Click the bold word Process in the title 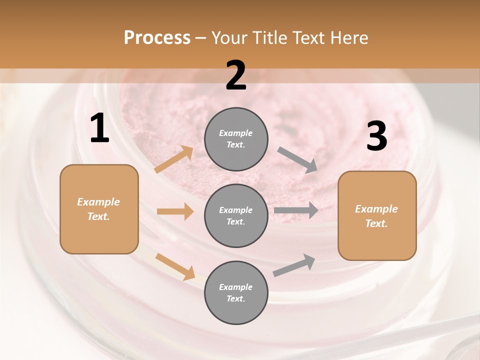click(x=157, y=38)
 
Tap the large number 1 click(x=99, y=129)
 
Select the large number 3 click(x=376, y=136)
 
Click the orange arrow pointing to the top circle click(x=174, y=159)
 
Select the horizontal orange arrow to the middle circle click(x=175, y=211)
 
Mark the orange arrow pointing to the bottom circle click(x=175, y=266)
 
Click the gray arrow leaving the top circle click(x=297, y=160)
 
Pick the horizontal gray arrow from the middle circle click(x=296, y=210)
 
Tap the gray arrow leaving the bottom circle click(x=294, y=265)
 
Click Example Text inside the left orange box click(x=98, y=209)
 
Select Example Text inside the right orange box click(x=376, y=216)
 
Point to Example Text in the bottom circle click(x=235, y=292)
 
